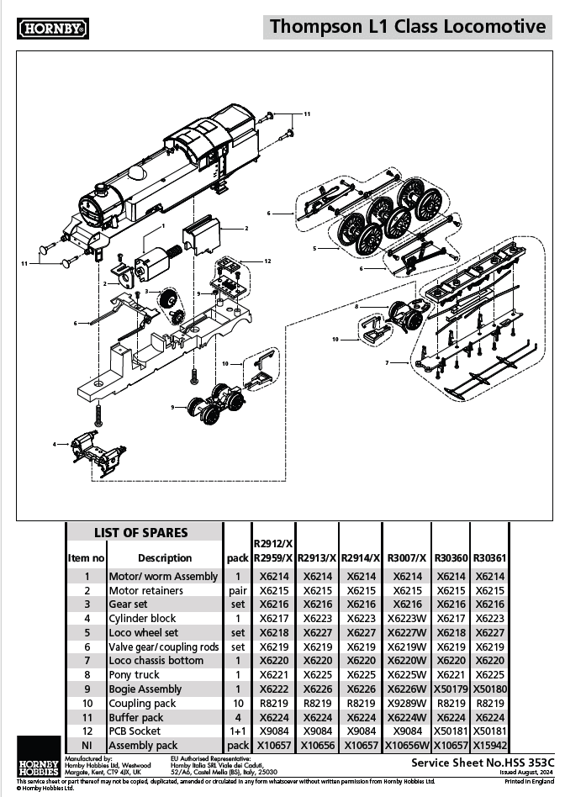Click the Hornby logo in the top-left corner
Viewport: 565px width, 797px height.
coord(53,29)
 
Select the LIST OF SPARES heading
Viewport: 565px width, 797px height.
coord(140,532)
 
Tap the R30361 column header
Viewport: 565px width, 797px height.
coord(490,557)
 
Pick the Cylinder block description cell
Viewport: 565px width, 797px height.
coord(142,618)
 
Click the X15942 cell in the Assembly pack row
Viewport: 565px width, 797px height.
coord(490,745)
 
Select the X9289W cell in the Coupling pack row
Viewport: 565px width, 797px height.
coord(407,703)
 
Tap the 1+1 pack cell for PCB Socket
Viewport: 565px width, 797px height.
coord(238,731)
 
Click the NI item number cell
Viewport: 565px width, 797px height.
coord(86,745)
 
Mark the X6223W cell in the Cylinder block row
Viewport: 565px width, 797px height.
coord(407,618)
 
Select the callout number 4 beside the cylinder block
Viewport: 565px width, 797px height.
coord(55,443)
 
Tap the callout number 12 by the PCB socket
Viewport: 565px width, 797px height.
coord(267,261)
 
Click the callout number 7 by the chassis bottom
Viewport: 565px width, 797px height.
coord(387,362)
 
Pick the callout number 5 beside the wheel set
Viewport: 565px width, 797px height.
coord(314,249)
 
